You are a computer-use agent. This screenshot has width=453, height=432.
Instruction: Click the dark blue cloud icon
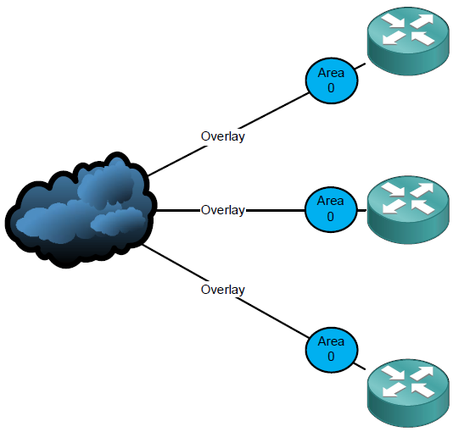(81, 210)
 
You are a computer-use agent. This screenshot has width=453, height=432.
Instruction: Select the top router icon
(408, 42)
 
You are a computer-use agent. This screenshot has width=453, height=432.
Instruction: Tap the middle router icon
(408, 210)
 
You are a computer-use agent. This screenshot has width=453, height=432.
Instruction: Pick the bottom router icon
(408, 393)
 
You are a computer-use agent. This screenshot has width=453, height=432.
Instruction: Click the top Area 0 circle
(332, 80)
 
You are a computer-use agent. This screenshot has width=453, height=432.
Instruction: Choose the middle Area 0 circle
(331, 209)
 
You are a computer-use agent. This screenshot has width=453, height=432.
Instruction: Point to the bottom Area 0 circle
(332, 350)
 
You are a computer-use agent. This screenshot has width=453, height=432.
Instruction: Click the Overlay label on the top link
(223, 136)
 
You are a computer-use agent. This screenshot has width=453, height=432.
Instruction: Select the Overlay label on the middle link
(223, 210)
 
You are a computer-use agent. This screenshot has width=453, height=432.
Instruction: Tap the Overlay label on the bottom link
(223, 290)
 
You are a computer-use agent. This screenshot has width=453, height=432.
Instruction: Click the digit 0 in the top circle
(331, 88)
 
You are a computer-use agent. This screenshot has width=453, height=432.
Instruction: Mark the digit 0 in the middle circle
(331, 217)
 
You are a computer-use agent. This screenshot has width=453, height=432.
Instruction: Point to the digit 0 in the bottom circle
(331, 357)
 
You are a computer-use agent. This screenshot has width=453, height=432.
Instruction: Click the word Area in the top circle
(331, 73)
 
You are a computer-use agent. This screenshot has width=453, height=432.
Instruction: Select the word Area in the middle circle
(331, 201)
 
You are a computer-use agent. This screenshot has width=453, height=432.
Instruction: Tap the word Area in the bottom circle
(331, 341)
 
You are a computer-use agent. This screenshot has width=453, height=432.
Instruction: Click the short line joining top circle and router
(360, 66)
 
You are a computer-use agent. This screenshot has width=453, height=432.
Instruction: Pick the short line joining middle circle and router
(362, 211)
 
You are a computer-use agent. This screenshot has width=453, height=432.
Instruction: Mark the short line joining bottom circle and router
(360, 366)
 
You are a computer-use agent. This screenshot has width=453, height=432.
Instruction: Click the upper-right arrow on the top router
(422, 21)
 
